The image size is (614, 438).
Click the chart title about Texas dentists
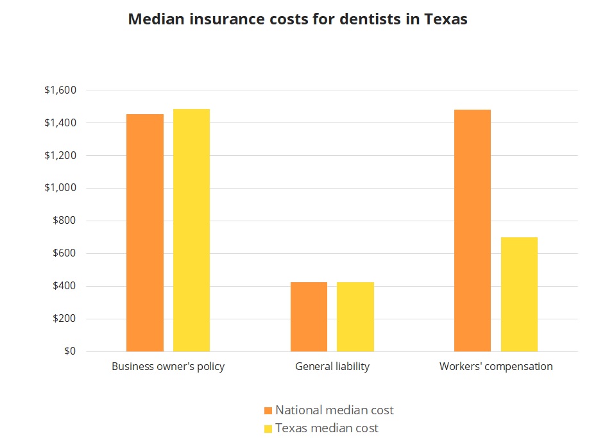[x=298, y=19]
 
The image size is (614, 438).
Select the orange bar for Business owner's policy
[x=144, y=232]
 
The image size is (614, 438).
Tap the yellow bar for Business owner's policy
[x=191, y=230]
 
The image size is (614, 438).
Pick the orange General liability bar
[x=309, y=316]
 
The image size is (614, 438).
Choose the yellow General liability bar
[x=355, y=316]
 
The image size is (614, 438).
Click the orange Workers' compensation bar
[x=472, y=230]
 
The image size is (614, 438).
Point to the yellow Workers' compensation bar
[x=519, y=294]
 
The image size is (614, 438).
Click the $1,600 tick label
[x=60, y=90]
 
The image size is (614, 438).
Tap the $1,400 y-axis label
[x=60, y=123]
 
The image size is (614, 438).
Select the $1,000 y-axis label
[x=60, y=188]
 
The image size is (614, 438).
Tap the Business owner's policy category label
[x=168, y=367]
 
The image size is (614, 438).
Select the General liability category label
[x=332, y=367]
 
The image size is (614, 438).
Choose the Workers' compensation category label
[x=496, y=367]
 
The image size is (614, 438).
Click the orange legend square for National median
[x=268, y=410]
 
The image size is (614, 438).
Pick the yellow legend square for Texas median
[x=268, y=428]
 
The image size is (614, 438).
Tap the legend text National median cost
[x=334, y=410]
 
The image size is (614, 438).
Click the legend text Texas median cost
[x=327, y=428]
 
